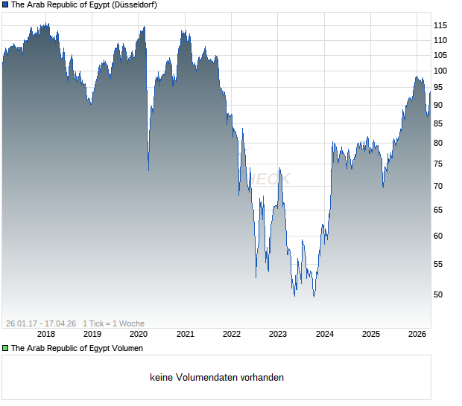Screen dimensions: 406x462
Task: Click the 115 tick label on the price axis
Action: tap(440, 25)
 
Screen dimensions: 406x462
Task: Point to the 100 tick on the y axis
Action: tap(440, 71)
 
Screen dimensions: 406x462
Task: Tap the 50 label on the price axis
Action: tap(440, 294)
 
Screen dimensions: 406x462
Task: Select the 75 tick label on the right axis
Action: tap(440, 164)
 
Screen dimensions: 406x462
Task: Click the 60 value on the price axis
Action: tap(440, 236)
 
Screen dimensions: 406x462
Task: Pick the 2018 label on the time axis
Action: tap(46, 334)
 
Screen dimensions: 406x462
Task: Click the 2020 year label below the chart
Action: tap(139, 334)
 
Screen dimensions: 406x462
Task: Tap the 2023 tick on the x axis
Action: tap(278, 334)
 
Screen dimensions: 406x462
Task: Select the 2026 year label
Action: tap(417, 334)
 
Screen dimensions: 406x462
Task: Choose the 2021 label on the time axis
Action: tap(186, 334)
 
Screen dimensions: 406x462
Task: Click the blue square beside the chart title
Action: tap(5, 4)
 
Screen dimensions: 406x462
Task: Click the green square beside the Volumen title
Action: tap(5, 348)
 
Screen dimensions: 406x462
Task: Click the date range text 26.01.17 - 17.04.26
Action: tap(41, 323)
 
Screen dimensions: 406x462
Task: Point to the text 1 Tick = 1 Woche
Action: tap(113, 323)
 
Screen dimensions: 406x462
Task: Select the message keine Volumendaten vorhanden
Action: tap(217, 378)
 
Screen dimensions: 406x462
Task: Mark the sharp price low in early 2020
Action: tap(148, 170)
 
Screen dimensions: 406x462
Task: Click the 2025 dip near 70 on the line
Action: tap(383, 187)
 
